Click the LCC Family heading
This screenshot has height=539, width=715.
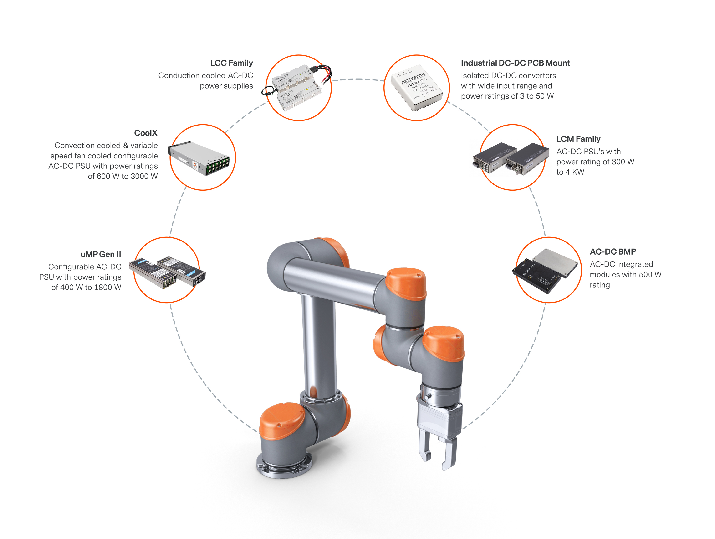(x=231, y=63)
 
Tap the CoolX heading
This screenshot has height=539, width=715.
(x=146, y=133)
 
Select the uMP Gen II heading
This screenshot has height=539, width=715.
(x=101, y=254)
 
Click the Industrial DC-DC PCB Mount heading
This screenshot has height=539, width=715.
(x=515, y=63)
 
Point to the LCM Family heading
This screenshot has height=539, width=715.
(x=578, y=139)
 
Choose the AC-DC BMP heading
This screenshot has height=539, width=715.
(x=613, y=252)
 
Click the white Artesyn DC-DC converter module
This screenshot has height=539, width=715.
(x=417, y=87)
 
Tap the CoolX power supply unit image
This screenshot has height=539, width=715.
(x=199, y=158)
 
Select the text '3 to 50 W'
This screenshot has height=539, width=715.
(x=536, y=96)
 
